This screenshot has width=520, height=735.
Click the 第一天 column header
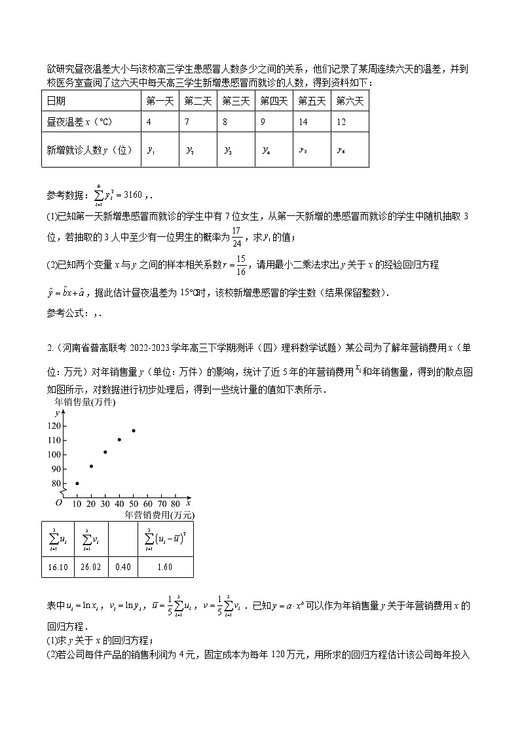[158, 101]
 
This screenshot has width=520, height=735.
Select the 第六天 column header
[350, 101]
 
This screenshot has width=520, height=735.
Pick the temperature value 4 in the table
[149, 122]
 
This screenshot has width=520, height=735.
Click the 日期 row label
[56, 101]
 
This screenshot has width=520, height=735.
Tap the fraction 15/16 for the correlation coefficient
[241, 264]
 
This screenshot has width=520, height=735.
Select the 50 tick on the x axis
[134, 504]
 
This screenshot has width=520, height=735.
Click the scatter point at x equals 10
[77, 483]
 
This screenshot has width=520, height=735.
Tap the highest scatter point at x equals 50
[134, 430]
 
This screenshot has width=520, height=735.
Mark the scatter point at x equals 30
[105, 452]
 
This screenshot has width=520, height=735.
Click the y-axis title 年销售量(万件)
[84, 403]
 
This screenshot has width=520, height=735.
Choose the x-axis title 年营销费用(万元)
[159, 515]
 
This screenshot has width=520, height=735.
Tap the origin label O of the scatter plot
[58, 503]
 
